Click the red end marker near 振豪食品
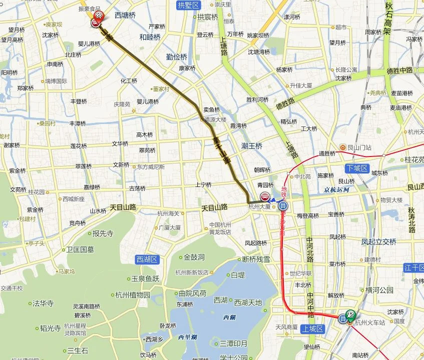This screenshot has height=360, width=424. (99, 17)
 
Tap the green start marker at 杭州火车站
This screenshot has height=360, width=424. (351, 315)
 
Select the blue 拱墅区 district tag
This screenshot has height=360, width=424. (188, 5)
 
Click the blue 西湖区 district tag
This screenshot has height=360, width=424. (147, 259)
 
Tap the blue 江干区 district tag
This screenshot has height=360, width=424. (414, 268)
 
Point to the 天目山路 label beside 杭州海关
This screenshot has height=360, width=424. (215, 206)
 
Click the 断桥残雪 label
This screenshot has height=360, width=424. (256, 259)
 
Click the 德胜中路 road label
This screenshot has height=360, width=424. (399, 70)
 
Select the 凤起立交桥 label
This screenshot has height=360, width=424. (379, 242)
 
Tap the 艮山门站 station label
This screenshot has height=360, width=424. (359, 147)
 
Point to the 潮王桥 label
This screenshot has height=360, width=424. (252, 146)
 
